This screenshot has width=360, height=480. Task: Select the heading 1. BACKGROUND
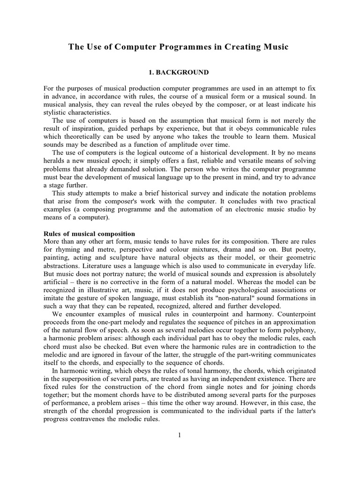pos(179,73)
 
